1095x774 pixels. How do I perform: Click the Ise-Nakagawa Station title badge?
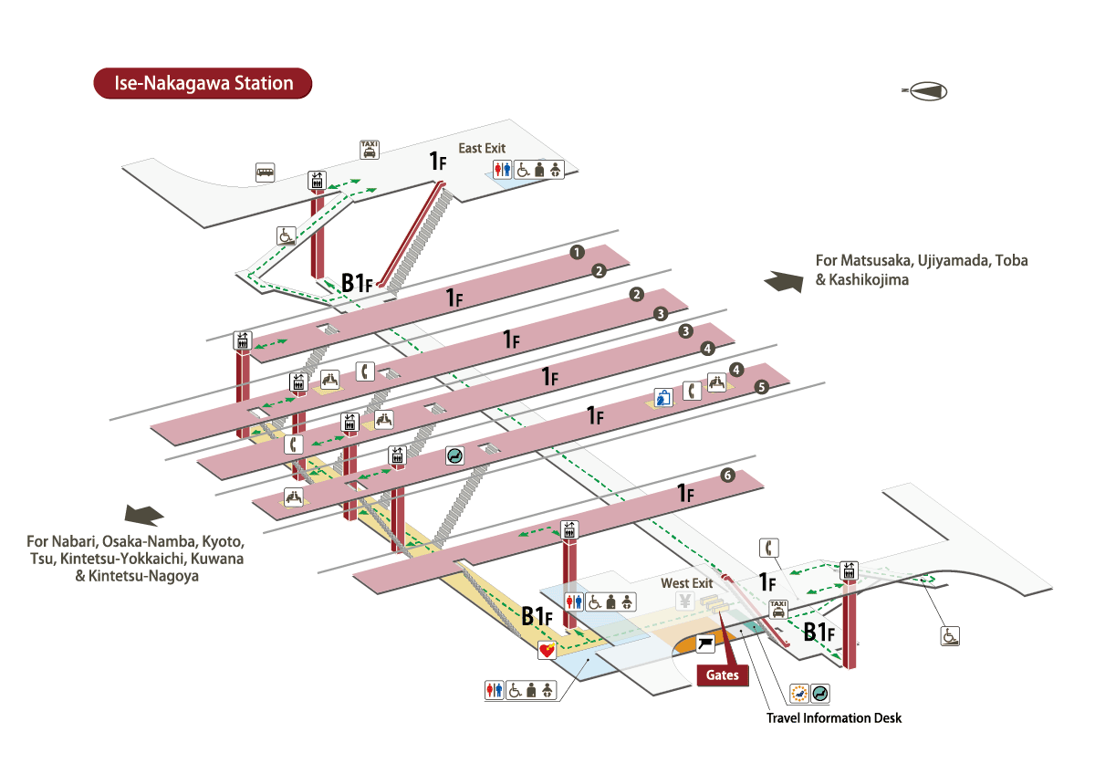[203, 84]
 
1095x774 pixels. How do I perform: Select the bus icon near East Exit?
[266, 172]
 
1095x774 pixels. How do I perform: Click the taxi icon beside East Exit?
[370, 150]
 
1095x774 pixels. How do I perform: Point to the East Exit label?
[481, 148]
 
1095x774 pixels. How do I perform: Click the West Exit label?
[686, 583]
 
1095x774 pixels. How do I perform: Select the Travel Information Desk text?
[833, 717]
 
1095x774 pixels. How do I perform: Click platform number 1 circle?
[576, 252]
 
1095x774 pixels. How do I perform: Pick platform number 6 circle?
[726, 475]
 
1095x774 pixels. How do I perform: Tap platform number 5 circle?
[762, 387]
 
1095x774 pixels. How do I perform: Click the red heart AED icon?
[547, 651]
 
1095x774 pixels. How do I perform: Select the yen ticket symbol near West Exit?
[683, 601]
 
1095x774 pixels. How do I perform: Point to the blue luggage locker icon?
[662, 398]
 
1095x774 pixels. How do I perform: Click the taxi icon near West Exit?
[778, 608]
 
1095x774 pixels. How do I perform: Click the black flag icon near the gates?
[706, 644]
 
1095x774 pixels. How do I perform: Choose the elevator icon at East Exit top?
[318, 181]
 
